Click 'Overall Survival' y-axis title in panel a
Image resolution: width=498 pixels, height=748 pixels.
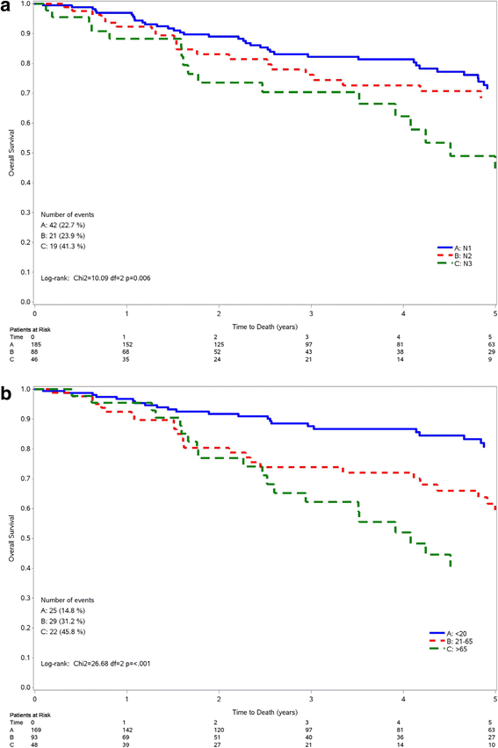[11, 152]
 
